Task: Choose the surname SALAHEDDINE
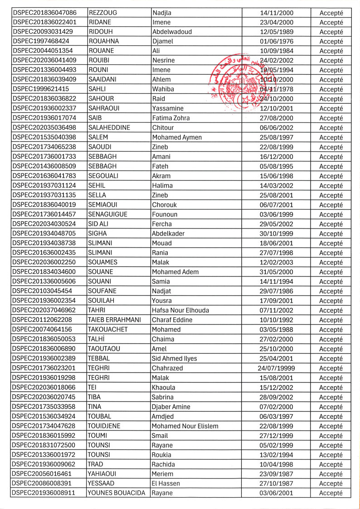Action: coord(109,128)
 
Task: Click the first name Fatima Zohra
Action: coord(171,118)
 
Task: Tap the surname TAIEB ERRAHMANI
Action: coord(115,320)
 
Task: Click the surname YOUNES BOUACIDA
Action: coord(117,493)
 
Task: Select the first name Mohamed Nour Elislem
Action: coord(185,426)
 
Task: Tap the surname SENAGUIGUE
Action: coord(108,214)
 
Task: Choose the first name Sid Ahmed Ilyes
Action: coord(175,359)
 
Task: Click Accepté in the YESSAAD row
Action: coord(331,484)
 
